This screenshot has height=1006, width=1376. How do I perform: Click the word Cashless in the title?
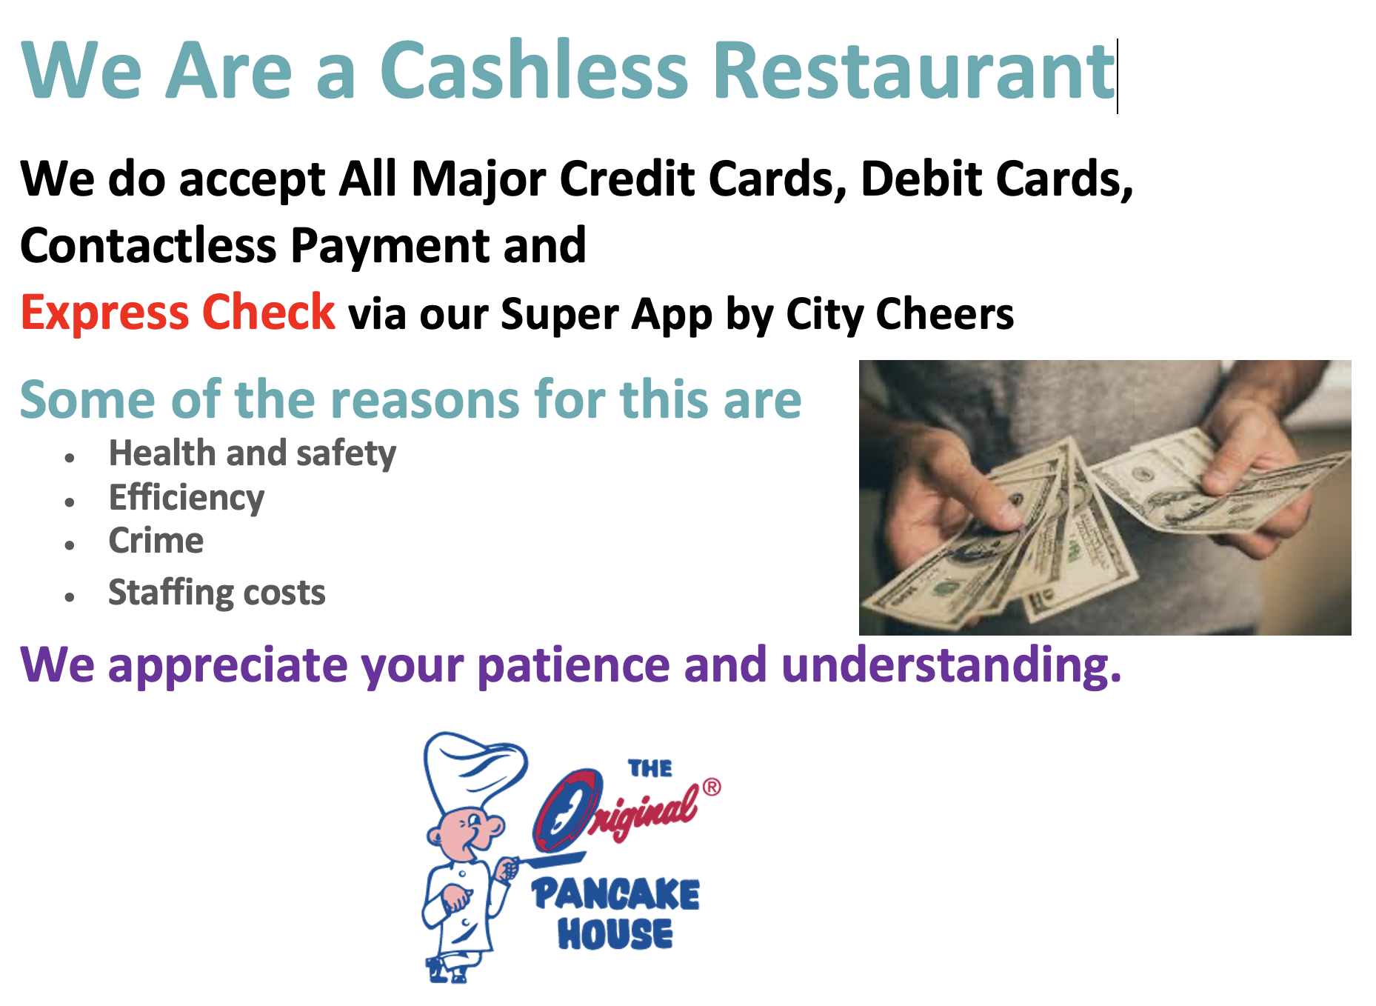(533, 70)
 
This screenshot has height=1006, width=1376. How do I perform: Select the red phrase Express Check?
(178, 313)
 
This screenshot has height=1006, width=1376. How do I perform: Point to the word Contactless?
(148, 246)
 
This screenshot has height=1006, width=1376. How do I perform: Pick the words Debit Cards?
(996, 179)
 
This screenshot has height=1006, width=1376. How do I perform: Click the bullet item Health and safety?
(252, 453)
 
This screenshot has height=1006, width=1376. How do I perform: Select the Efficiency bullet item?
(186, 498)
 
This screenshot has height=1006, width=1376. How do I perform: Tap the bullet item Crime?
(156, 541)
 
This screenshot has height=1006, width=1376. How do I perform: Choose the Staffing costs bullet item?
(216, 593)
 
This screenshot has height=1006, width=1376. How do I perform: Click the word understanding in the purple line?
(951, 664)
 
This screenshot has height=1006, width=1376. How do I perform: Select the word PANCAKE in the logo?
(615, 894)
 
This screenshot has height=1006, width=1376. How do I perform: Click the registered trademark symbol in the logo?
(711, 787)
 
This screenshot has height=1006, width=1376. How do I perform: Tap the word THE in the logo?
(650, 769)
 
